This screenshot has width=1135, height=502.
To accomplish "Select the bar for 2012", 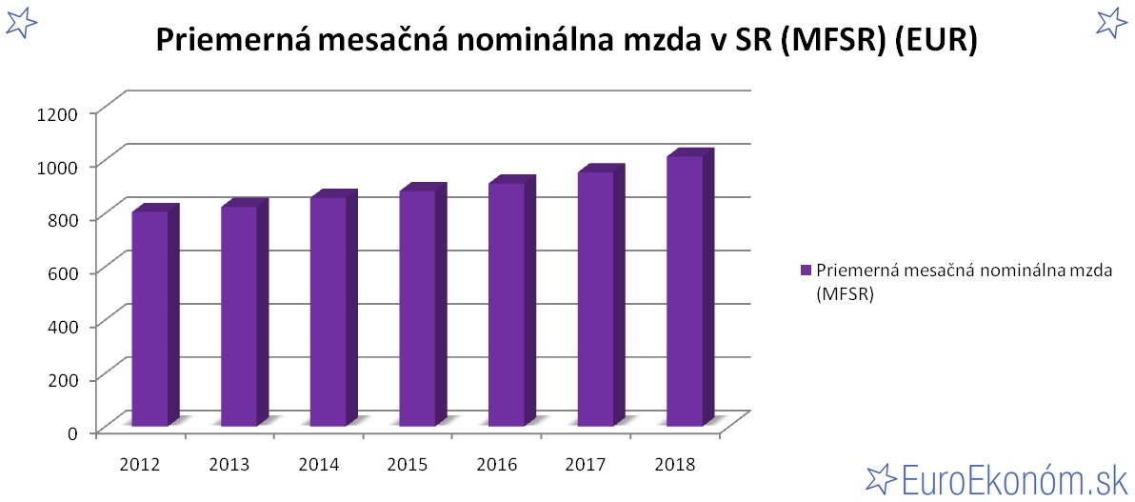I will (x=150, y=318).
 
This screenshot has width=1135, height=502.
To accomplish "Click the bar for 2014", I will (x=329, y=311).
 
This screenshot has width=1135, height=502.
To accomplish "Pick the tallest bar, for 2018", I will (x=685, y=291).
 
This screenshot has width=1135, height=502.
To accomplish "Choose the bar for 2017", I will (x=596, y=298).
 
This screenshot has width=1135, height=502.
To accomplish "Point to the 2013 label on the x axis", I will (x=229, y=465).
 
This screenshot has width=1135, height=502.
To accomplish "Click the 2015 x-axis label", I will (x=407, y=465).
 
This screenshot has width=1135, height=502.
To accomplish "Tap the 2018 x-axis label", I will (x=675, y=465).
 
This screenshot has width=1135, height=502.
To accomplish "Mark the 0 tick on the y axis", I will (x=71, y=432).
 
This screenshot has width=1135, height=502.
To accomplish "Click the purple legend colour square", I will (x=806, y=271).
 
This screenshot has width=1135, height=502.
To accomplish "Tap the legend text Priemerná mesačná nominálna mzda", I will (x=964, y=270).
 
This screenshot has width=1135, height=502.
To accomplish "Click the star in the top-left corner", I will (x=20, y=21).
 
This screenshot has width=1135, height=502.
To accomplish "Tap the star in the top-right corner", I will (x=1111, y=21).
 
